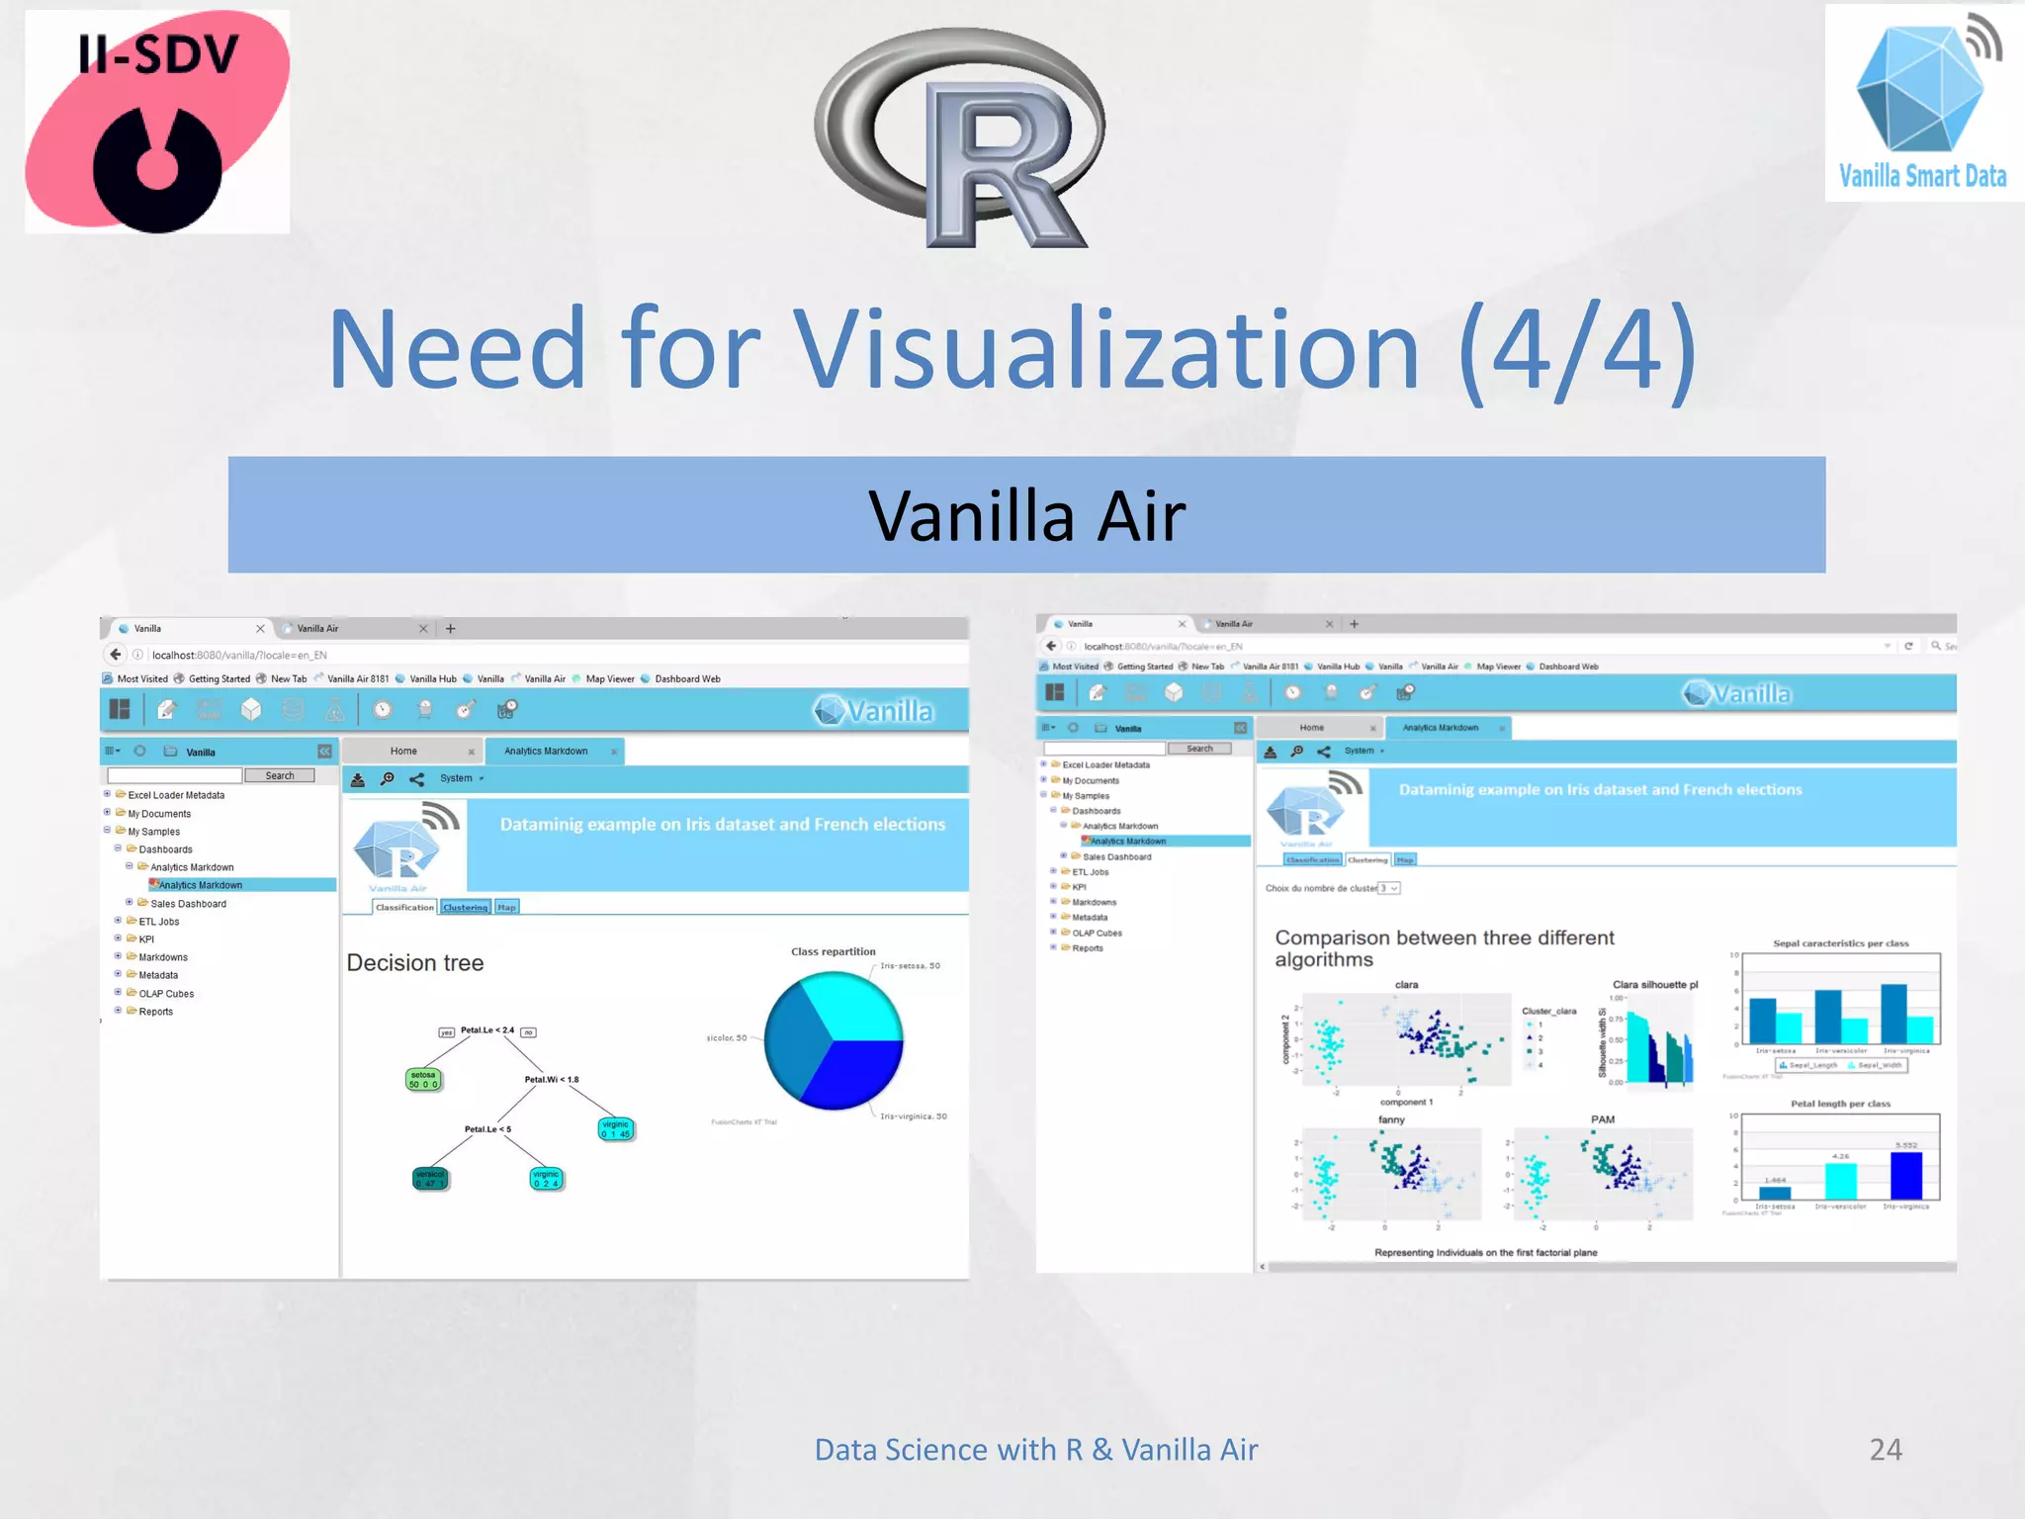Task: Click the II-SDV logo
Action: (x=157, y=122)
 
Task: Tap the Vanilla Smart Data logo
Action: (x=1922, y=104)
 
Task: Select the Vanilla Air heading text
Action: (x=1026, y=516)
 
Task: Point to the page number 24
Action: (x=1885, y=1450)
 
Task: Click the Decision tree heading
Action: (x=415, y=963)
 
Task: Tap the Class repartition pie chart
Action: (x=834, y=1040)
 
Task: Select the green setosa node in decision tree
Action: (x=423, y=1080)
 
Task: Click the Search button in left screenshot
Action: (x=280, y=776)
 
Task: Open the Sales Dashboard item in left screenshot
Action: (x=188, y=904)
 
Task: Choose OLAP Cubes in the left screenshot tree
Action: (x=166, y=994)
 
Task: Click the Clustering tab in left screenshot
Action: (x=465, y=908)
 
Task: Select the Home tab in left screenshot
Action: (x=403, y=752)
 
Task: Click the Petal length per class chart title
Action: (x=1840, y=1104)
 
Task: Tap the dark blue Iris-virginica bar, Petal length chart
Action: (x=1905, y=1176)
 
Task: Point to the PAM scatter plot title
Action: (x=1602, y=1119)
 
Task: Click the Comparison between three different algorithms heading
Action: (x=1444, y=948)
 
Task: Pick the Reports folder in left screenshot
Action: (x=155, y=1012)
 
